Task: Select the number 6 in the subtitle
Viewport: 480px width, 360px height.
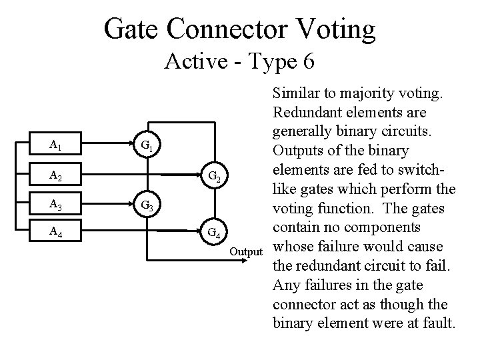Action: tap(308, 61)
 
